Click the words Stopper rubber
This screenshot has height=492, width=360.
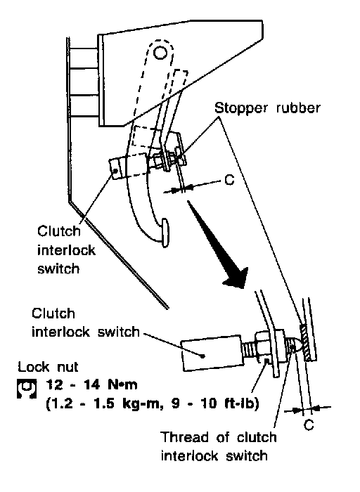(267, 108)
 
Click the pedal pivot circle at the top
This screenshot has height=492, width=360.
(160, 53)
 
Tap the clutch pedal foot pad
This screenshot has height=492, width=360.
(165, 232)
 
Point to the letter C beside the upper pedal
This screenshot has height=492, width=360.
(230, 180)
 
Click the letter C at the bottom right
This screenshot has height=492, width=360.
(309, 425)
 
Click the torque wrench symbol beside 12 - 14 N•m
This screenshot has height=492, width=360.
(27, 388)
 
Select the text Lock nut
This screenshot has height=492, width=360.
(48, 366)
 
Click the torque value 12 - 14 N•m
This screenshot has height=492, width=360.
(91, 384)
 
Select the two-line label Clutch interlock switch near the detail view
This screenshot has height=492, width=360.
(85, 323)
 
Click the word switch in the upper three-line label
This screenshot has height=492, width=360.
(58, 269)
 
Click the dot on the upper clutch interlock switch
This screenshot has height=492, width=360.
(116, 171)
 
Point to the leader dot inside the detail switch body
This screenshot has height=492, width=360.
(203, 356)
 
